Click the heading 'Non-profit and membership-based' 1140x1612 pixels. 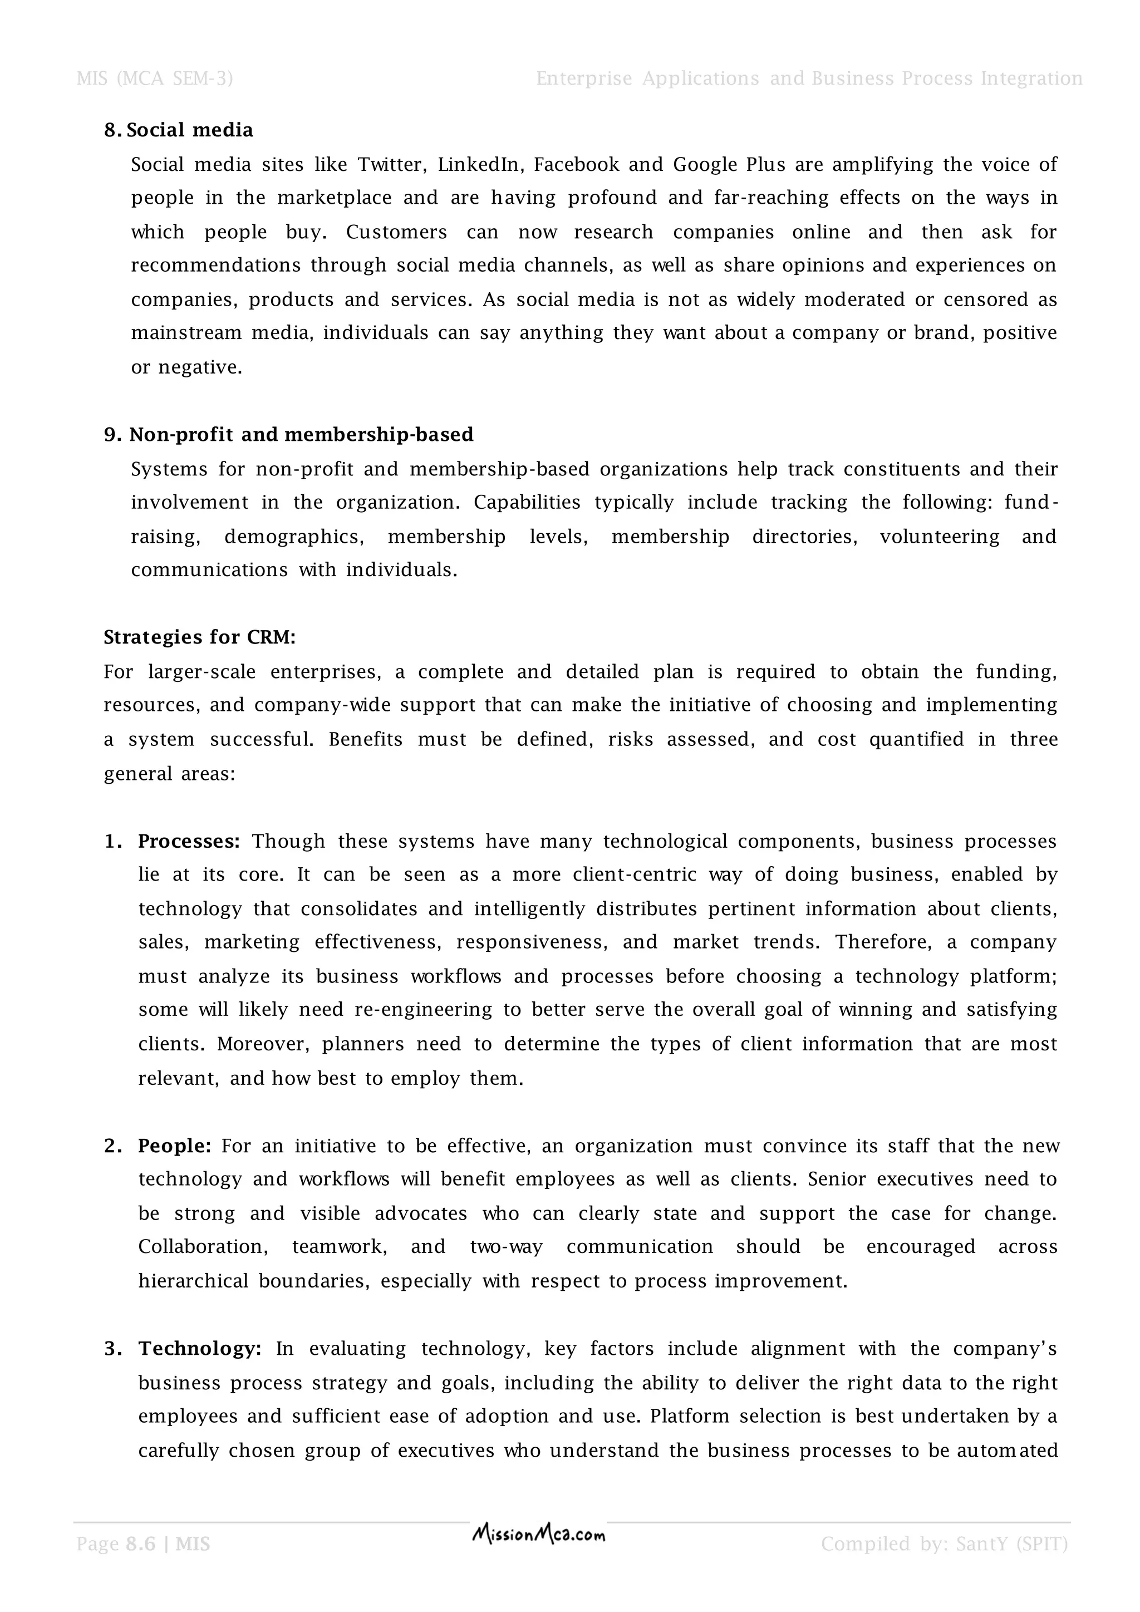[x=301, y=435]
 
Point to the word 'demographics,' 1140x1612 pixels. [x=294, y=537]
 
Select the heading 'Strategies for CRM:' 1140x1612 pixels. [x=200, y=637]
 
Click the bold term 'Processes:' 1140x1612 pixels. [x=189, y=841]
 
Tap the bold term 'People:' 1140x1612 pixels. [x=175, y=1146]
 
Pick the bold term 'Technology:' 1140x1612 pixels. [x=200, y=1349]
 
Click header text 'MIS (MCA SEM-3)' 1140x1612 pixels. [x=154, y=78]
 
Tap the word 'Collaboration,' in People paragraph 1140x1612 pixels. [x=203, y=1247]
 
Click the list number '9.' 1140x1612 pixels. [x=113, y=435]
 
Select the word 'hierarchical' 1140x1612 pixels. [x=193, y=1281]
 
